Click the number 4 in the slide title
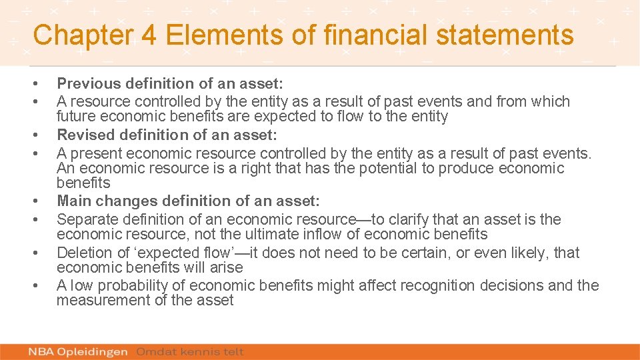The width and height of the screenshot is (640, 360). pyautogui.click(x=150, y=35)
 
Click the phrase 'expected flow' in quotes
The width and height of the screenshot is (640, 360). pyautogui.click(x=183, y=253)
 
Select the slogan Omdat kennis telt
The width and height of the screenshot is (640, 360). pyautogui.click(x=191, y=351)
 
